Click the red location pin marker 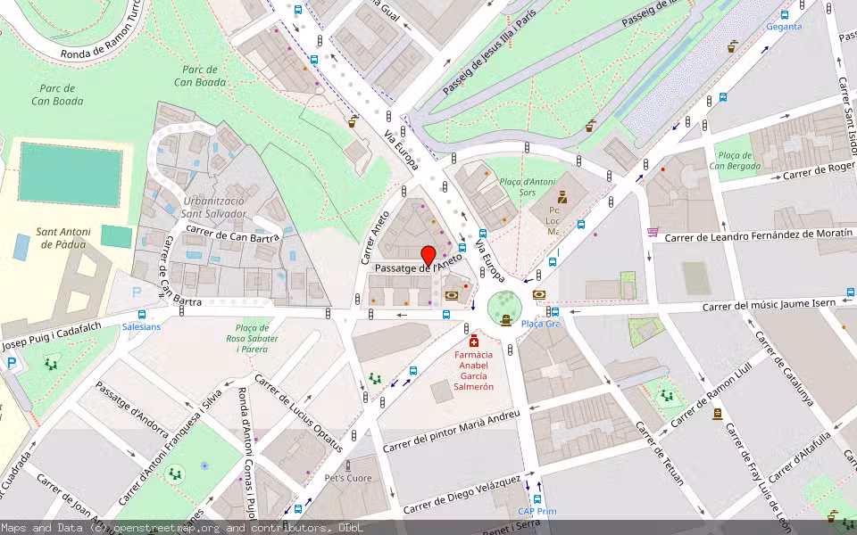point(428,255)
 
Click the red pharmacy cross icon point(473,342)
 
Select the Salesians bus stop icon point(142,315)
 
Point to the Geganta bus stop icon point(785,14)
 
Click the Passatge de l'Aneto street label point(419,267)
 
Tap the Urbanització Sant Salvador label point(213,207)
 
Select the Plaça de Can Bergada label point(735,160)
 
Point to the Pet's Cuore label point(347,478)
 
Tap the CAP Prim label point(537,511)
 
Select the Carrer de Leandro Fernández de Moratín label point(752,235)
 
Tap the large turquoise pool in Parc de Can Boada point(71,174)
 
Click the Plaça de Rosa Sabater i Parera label point(252,338)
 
